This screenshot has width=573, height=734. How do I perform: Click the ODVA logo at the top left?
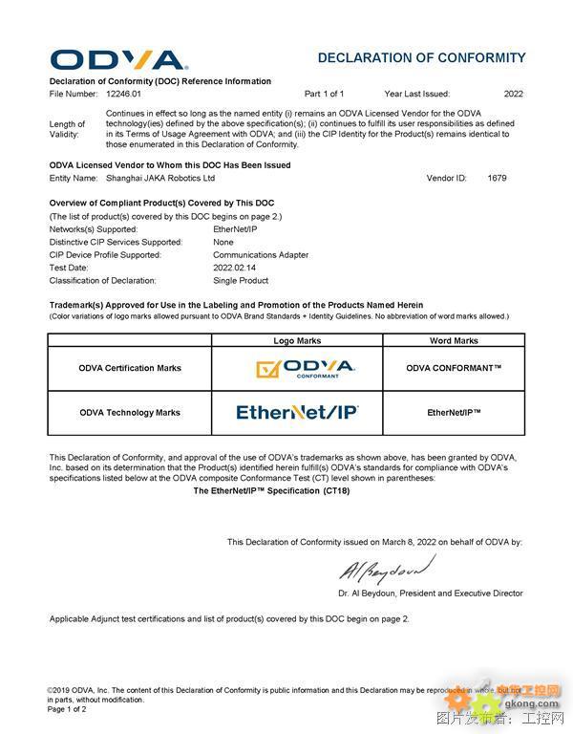[x=118, y=59]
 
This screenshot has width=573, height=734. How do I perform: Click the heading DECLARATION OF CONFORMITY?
[x=421, y=58]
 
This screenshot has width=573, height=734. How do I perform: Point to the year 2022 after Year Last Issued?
[x=514, y=95]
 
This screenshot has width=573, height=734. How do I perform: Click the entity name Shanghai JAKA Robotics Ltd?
[x=160, y=178]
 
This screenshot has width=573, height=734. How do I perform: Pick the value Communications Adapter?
[x=261, y=255]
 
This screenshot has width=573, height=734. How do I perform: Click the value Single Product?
[x=241, y=281]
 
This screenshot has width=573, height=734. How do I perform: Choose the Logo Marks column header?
[x=297, y=340]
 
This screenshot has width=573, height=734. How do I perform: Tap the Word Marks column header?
[x=454, y=340]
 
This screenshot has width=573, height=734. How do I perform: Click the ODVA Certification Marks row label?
[x=130, y=368]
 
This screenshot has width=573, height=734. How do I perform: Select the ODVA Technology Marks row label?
[x=130, y=413]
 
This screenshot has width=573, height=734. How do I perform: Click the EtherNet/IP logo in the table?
[x=297, y=413]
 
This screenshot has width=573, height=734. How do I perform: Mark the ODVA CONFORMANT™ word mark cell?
[x=454, y=368]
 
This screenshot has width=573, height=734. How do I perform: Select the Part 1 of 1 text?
[x=324, y=95]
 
